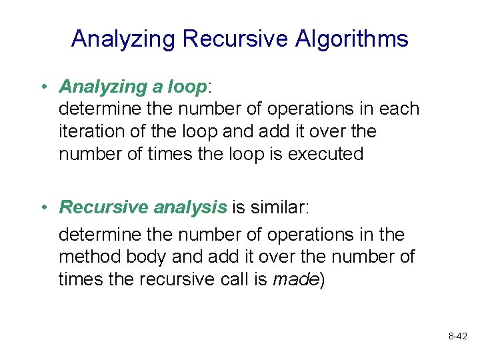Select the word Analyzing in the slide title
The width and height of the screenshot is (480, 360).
point(123,39)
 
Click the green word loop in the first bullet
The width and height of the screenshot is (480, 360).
point(187,87)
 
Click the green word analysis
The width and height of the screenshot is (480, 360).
point(191,207)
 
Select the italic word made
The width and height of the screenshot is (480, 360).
point(295,279)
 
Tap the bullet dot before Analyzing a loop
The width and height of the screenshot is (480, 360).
point(42,87)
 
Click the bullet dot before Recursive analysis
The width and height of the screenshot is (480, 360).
point(42,208)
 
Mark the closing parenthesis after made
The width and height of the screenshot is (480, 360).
point(323,279)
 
